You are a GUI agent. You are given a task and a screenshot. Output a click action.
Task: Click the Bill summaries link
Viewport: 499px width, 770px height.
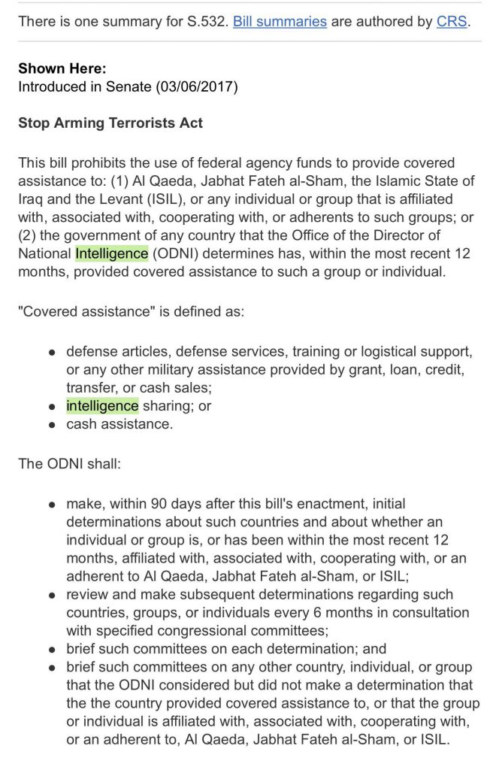280,21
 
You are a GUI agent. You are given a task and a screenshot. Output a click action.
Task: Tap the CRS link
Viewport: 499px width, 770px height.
452,21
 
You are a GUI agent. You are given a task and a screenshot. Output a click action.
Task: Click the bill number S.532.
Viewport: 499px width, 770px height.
204,21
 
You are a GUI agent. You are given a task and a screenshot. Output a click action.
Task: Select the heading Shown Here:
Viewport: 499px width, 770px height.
62,68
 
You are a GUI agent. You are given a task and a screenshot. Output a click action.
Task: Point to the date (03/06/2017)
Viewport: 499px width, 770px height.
197,86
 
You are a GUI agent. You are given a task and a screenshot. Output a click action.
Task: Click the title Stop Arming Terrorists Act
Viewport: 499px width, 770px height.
110,123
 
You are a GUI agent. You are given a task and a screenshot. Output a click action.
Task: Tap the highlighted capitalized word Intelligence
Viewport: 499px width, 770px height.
112,253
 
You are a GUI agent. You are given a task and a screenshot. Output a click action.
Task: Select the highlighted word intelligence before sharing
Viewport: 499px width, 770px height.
102,405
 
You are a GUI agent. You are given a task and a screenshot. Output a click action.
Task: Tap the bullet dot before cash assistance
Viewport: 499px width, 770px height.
52,424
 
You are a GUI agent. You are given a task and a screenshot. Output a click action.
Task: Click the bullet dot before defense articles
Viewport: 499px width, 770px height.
52,352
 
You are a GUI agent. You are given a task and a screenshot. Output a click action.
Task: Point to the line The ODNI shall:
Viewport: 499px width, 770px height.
69,463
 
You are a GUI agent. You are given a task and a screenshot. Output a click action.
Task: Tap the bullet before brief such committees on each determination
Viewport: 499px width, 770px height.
52,649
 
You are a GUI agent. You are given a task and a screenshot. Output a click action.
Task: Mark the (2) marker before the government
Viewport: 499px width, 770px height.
28,235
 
